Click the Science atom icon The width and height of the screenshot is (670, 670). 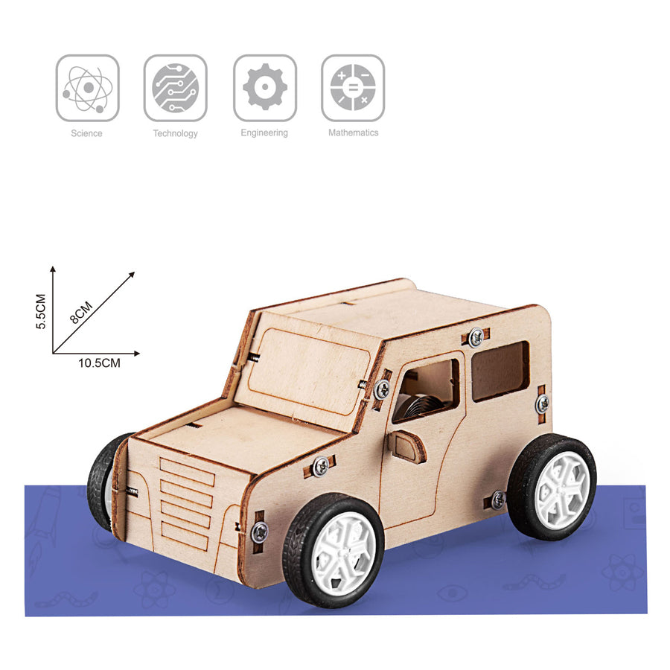click(x=87, y=88)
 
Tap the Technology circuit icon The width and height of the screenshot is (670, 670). click(x=175, y=88)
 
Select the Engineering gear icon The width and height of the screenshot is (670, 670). click(x=264, y=88)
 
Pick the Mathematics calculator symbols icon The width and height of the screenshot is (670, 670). click(x=353, y=88)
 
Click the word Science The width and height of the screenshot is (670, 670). click(x=86, y=133)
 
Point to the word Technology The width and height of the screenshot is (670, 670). click(x=175, y=134)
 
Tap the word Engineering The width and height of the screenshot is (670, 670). click(x=264, y=133)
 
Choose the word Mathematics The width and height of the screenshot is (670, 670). click(x=353, y=133)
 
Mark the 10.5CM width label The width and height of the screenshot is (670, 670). click(x=99, y=363)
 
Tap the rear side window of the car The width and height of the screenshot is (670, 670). click(x=500, y=371)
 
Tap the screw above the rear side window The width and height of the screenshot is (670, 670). click(x=476, y=336)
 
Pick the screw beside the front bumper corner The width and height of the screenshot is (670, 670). click(x=259, y=532)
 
